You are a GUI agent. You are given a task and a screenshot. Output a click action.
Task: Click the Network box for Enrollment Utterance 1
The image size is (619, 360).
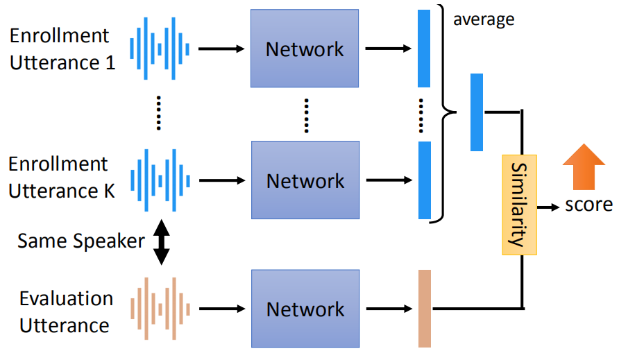(305, 49)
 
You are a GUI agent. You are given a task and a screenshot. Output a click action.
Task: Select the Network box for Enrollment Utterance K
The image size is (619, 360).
(305, 181)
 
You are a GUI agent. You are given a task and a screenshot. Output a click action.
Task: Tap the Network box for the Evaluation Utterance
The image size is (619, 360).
(305, 309)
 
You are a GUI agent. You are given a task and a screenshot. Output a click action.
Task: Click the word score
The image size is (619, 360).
(588, 205)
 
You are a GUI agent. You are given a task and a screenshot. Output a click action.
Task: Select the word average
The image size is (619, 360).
(484, 19)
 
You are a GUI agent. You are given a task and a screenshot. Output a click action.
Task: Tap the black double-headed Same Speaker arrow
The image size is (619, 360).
(161, 242)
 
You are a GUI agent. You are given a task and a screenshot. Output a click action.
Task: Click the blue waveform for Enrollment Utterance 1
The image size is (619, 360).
(160, 49)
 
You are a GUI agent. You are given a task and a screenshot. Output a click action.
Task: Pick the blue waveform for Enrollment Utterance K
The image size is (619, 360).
(160, 181)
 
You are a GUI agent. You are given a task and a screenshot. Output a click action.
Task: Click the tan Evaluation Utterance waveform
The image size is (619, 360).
(160, 309)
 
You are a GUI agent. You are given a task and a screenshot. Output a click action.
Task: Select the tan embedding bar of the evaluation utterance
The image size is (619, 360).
(425, 308)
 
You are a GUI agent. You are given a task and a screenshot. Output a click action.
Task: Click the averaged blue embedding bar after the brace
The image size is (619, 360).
(477, 112)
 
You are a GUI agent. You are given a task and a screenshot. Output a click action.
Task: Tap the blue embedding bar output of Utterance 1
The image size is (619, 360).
(425, 48)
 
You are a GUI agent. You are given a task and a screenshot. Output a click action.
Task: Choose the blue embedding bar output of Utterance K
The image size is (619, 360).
(425, 180)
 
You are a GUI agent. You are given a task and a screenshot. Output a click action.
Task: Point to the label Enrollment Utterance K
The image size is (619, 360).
(60, 178)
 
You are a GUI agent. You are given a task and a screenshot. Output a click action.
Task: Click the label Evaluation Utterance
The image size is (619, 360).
(65, 311)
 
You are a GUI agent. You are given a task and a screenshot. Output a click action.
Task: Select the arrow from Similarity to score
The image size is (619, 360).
(549, 207)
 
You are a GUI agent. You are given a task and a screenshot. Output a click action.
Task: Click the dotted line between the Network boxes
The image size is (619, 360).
(305, 115)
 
